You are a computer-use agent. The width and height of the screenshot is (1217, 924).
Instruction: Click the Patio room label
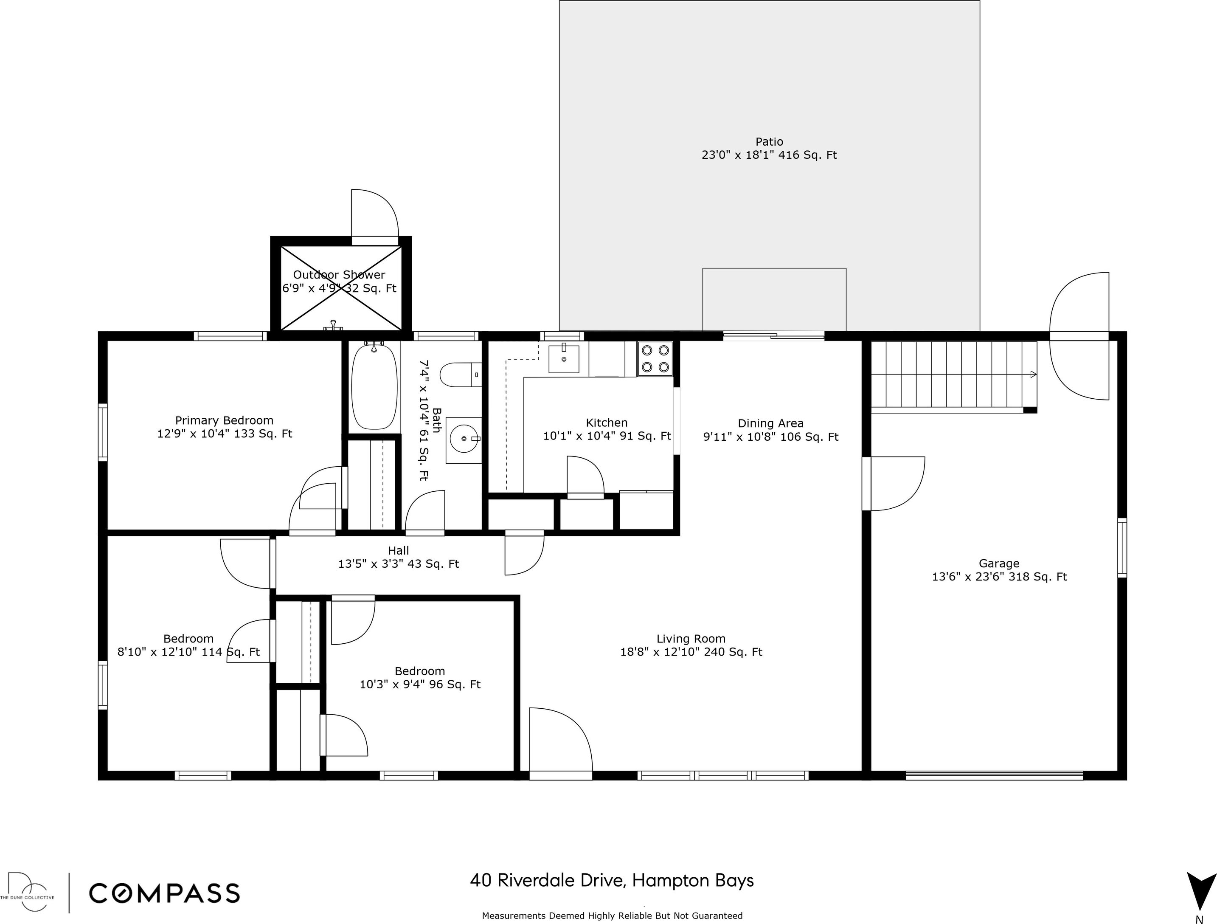769,142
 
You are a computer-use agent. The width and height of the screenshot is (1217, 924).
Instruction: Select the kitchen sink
564,359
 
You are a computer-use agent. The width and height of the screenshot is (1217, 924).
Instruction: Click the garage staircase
953,376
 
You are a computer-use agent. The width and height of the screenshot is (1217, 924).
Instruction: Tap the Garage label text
999,563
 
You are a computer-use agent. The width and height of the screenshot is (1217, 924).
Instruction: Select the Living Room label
691,639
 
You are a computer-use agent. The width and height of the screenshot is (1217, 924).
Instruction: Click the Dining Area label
771,423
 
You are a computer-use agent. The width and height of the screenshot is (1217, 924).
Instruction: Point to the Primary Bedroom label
225,420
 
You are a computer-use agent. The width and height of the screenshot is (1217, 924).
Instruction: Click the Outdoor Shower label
339,275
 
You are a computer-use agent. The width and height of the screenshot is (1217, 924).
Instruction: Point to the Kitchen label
607,423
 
